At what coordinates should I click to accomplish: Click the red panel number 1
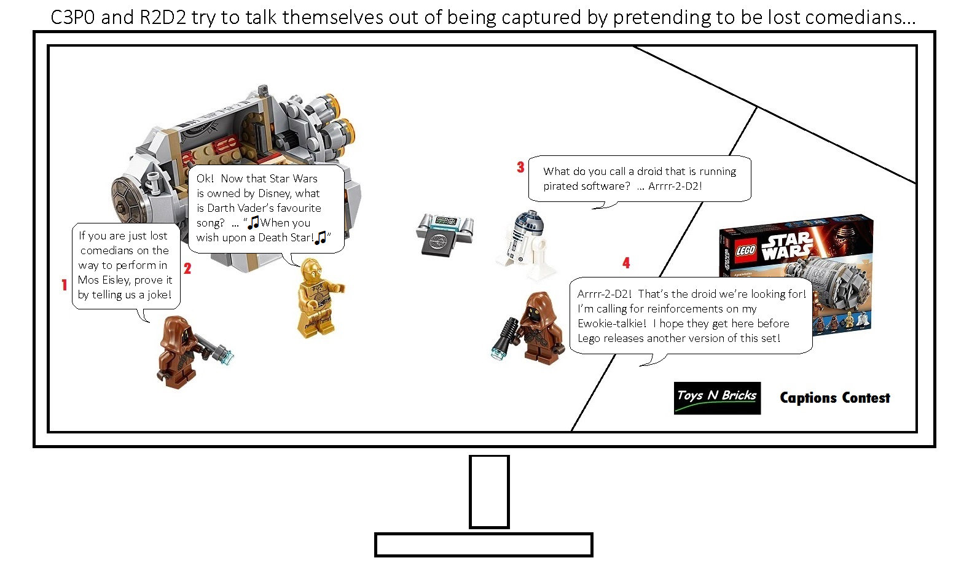click(65, 284)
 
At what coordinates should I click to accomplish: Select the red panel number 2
click(187, 268)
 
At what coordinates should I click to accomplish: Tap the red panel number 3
click(521, 167)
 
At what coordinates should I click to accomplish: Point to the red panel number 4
click(626, 263)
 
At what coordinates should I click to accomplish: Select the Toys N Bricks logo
click(717, 398)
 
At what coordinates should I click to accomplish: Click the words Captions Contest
click(835, 398)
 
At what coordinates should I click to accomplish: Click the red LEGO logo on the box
click(745, 250)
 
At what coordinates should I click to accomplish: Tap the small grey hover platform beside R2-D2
click(445, 234)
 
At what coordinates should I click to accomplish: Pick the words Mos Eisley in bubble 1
click(103, 280)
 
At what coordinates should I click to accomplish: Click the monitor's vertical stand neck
click(489, 492)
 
